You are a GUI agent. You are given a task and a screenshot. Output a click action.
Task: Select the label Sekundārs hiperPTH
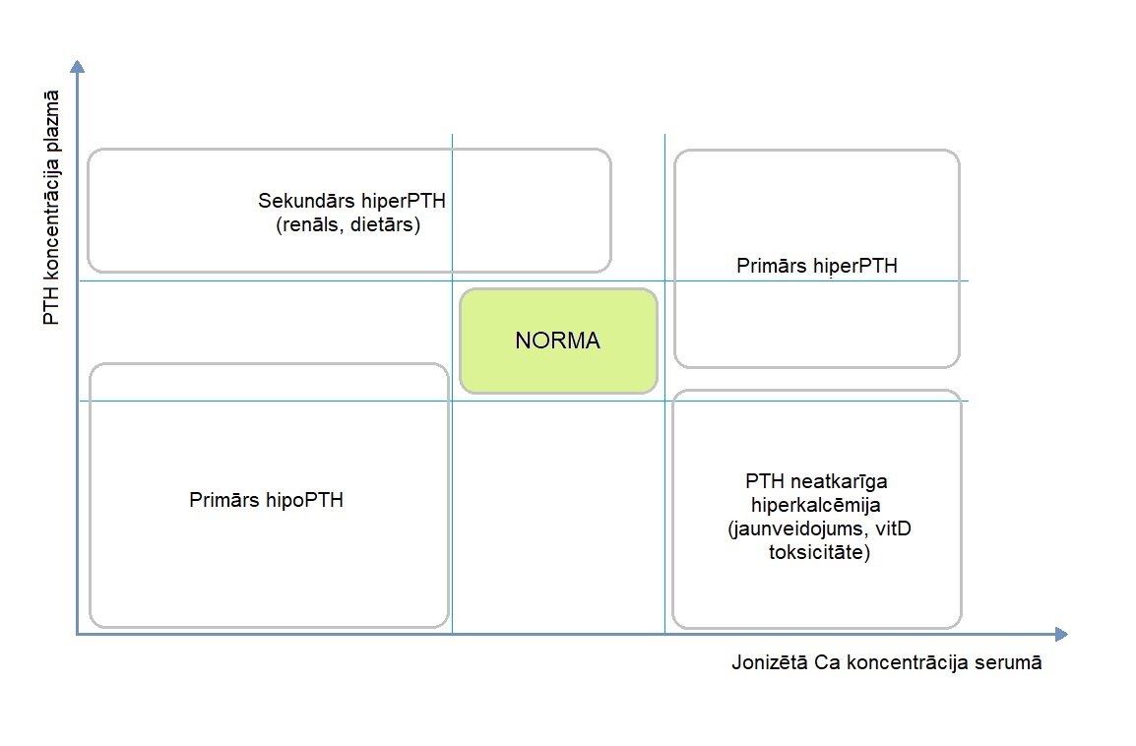[351, 202]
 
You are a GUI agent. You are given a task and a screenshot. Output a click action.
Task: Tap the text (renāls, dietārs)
[351, 224]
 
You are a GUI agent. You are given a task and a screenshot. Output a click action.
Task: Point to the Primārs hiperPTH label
[816, 266]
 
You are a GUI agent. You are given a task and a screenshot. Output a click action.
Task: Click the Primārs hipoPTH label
[266, 500]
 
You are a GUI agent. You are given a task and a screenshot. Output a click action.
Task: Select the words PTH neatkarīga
[816, 481]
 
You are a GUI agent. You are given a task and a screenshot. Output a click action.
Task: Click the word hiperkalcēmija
[816, 506]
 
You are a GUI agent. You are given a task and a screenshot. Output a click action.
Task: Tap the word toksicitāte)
[819, 553]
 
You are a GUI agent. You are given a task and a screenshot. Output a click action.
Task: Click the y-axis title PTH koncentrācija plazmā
[51, 209]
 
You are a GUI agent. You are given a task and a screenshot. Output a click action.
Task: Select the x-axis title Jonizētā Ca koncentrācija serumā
[886, 662]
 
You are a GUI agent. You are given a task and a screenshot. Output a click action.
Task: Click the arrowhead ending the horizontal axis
[1060, 635]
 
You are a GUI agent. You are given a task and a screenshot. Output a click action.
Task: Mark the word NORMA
[557, 342]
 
